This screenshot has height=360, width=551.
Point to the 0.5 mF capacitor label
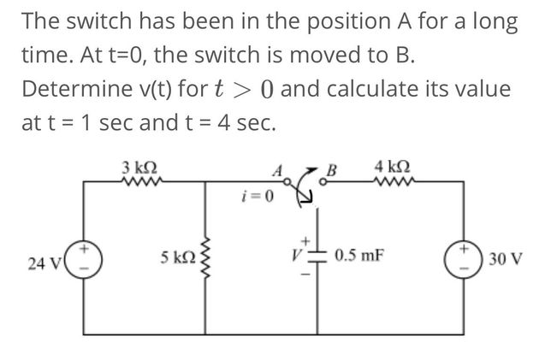point(359,255)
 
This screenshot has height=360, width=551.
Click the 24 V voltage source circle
point(82,257)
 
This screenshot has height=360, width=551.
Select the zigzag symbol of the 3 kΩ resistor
point(139,180)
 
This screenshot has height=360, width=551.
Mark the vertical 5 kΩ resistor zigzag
point(206,255)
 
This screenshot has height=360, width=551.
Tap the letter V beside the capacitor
point(293,255)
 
